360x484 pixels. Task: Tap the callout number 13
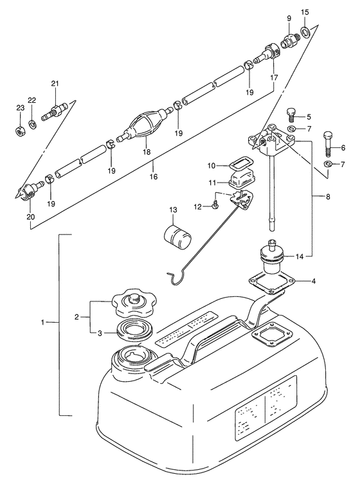[173, 210]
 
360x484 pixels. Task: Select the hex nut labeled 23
[20, 131]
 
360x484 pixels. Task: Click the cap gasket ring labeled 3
[134, 332]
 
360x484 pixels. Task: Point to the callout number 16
[154, 177]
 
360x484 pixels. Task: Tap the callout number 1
[43, 322]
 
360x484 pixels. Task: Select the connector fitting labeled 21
[55, 111]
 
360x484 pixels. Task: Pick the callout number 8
[328, 196]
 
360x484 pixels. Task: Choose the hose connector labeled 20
[30, 192]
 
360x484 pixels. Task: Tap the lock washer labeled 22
[32, 124]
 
